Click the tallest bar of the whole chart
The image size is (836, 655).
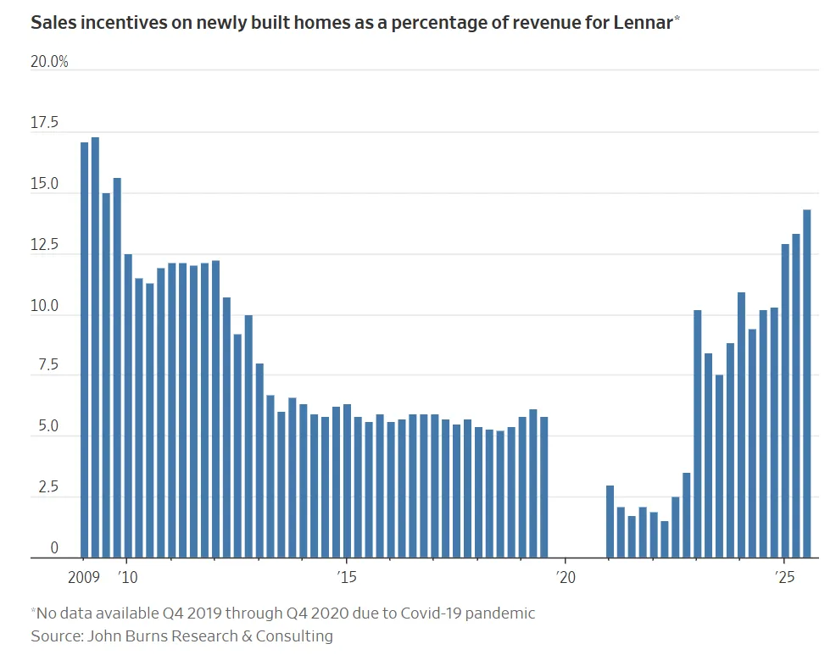click(95, 347)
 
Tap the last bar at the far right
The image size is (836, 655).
click(807, 384)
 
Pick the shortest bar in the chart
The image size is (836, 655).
click(665, 540)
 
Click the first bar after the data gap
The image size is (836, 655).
click(610, 522)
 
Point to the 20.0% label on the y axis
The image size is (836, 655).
click(49, 63)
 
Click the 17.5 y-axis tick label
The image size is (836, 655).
click(44, 124)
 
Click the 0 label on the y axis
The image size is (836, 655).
click(53, 549)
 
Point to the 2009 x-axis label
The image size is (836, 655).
click(84, 576)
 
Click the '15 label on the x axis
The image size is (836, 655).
click(346, 576)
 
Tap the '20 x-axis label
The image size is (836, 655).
click(566, 576)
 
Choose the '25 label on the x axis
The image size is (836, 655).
click(784, 576)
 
